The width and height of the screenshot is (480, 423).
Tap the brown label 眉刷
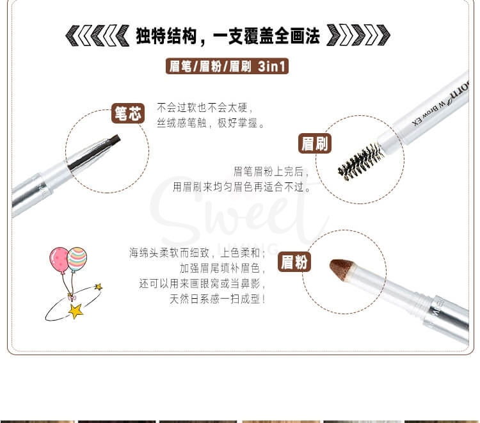314,143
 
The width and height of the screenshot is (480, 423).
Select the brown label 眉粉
295,262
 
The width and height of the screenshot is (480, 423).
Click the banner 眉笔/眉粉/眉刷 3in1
227,66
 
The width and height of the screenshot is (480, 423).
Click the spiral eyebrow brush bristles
360,161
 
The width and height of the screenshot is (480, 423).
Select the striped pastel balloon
77,258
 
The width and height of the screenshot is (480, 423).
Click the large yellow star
76,312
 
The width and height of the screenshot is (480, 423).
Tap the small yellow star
98,287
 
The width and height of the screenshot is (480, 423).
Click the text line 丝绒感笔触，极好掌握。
211,123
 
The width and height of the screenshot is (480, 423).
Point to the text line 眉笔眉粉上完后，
271,172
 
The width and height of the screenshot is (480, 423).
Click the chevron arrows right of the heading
358,36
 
